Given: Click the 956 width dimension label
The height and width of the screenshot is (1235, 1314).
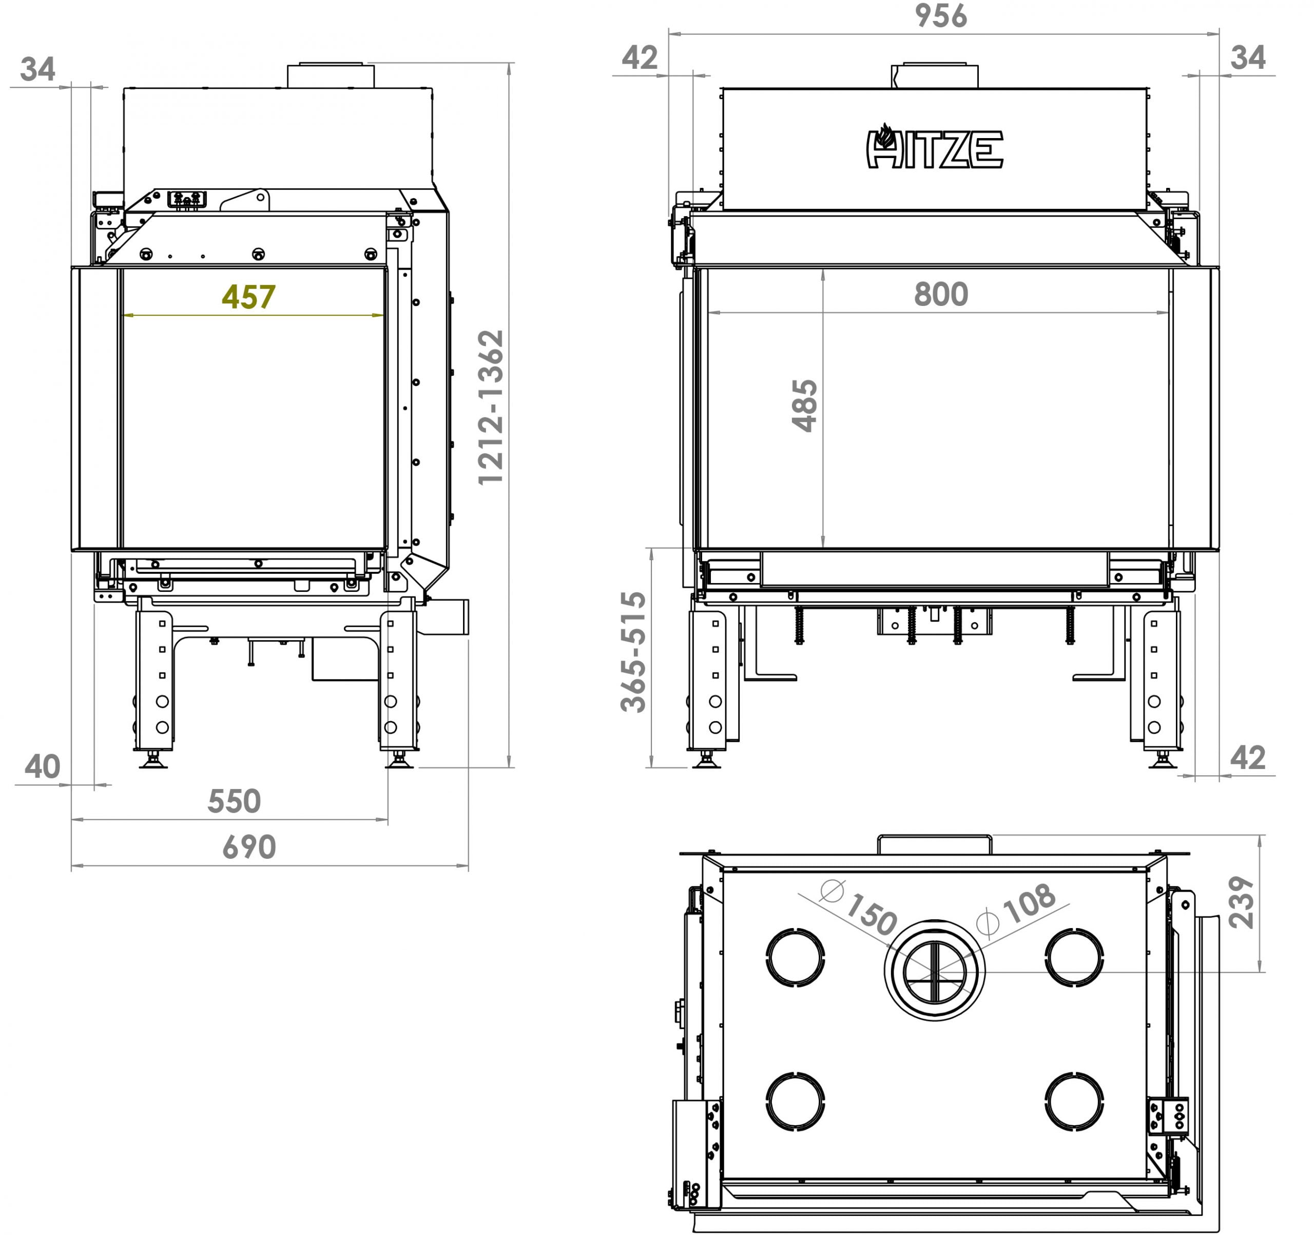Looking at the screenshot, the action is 940,16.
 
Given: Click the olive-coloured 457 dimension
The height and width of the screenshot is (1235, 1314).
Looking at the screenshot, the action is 248,297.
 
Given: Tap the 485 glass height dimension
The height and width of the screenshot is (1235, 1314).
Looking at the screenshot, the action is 804,406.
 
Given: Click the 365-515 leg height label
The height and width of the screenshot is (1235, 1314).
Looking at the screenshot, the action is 633,652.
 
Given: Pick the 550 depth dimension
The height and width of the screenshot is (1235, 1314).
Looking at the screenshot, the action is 234,801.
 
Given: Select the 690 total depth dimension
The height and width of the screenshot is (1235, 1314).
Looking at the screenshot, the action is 248,847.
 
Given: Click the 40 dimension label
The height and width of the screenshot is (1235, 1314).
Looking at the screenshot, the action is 42,767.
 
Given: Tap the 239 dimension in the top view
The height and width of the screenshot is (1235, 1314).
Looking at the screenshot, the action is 1241,902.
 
